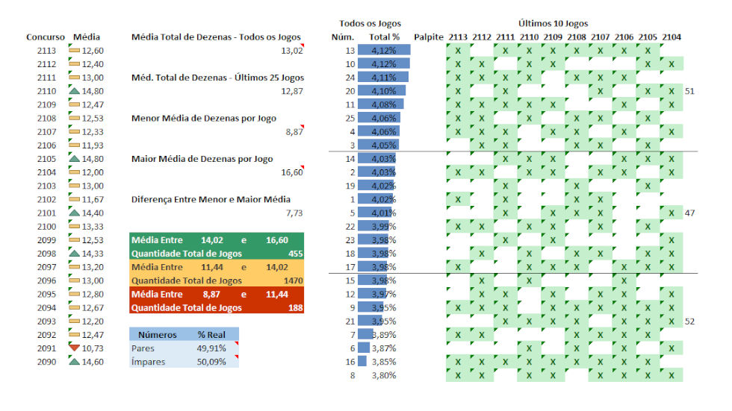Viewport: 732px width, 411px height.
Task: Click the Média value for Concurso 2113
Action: (x=93, y=51)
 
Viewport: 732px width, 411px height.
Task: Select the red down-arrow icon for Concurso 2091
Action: (x=73, y=348)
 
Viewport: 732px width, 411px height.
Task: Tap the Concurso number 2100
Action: (x=46, y=227)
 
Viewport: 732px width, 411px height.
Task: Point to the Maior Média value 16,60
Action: (x=292, y=172)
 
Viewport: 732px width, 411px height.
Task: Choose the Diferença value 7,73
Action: (x=294, y=213)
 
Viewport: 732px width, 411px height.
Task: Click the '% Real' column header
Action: (x=211, y=334)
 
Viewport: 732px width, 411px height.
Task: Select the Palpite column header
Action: (x=429, y=37)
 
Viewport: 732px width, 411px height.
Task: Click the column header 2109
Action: (x=553, y=37)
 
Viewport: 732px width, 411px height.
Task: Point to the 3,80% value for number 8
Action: (x=384, y=375)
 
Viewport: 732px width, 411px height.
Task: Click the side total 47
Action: (x=689, y=213)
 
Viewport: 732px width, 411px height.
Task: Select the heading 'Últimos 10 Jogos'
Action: (x=553, y=24)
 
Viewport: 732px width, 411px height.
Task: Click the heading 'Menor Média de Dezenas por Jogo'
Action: (x=203, y=118)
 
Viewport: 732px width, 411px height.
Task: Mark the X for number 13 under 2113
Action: (x=458, y=51)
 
